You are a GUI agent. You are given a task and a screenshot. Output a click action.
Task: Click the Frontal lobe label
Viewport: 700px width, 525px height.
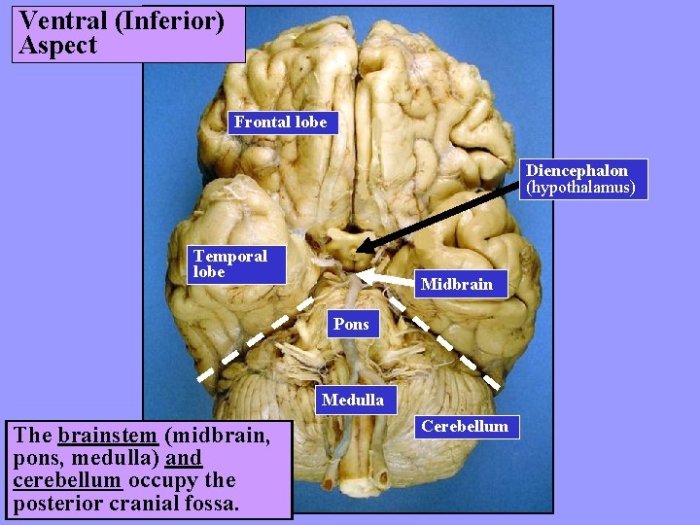pos(281,122)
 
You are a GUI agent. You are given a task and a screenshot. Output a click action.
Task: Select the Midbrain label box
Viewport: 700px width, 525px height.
pos(456,285)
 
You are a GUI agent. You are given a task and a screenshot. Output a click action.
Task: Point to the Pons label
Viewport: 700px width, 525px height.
pos(351,324)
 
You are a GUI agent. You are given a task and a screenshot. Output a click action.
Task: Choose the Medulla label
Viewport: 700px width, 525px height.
pos(352,400)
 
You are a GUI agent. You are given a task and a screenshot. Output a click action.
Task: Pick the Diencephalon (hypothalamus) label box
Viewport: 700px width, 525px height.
pos(580,179)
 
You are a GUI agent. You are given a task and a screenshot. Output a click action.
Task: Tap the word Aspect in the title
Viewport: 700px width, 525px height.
pos(58,46)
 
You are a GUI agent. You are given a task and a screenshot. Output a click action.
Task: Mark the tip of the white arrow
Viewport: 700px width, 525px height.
pos(359,277)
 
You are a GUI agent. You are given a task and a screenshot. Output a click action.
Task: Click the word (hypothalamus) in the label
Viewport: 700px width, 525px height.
pos(580,188)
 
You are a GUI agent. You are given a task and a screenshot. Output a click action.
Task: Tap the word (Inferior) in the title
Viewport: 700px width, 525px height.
pos(170,20)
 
